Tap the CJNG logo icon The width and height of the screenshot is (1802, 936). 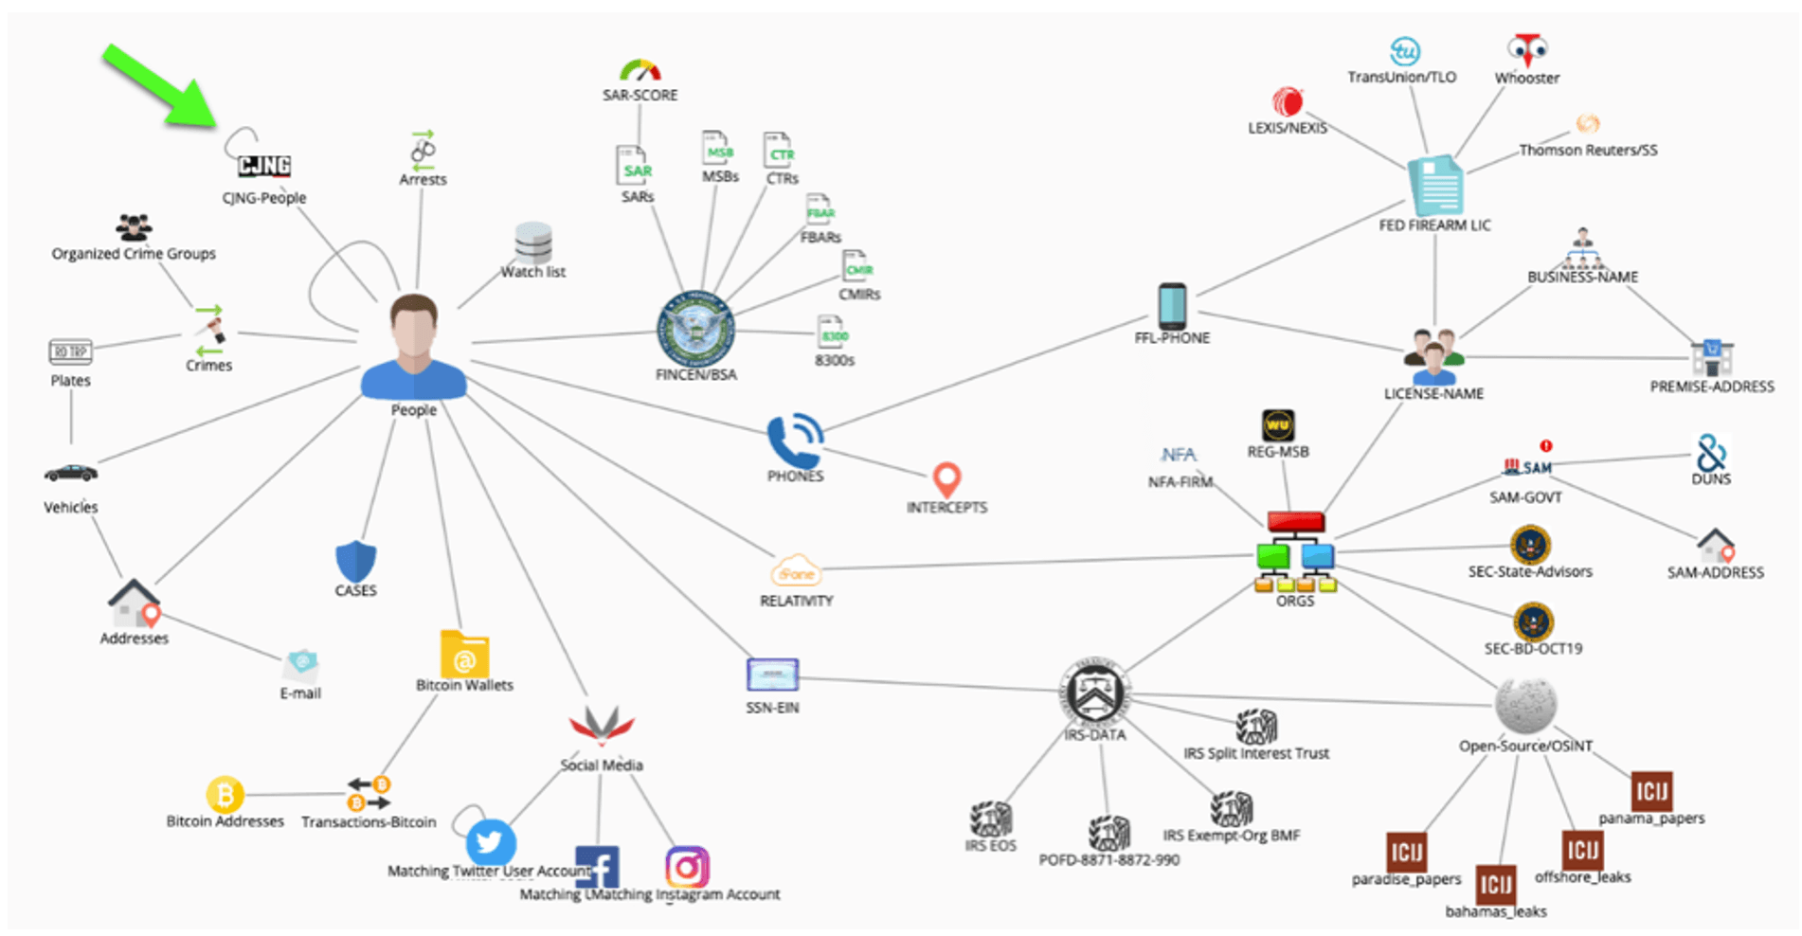point(263,166)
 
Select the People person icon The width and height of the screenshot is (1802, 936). point(414,348)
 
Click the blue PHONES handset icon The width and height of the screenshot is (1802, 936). point(794,440)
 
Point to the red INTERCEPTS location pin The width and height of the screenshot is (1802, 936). point(946,479)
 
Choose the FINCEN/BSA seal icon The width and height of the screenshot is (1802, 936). point(695,330)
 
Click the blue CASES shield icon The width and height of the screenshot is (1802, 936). point(355,561)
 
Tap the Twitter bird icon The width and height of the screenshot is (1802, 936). point(491,840)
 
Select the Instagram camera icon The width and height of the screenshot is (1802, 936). point(687,867)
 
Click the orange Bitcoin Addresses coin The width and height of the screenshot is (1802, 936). point(225,794)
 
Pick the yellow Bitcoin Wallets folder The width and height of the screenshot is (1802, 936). point(464,654)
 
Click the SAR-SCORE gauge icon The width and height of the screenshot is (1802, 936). point(640,71)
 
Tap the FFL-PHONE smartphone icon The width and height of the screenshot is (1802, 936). point(1172,306)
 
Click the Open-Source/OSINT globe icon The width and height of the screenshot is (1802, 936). point(1525,705)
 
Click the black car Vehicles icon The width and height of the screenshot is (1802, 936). point(71,473)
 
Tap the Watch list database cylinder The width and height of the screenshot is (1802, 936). point(533,243)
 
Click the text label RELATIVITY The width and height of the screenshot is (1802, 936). point(796,601)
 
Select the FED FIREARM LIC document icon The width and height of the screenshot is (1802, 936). point(1435,186)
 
